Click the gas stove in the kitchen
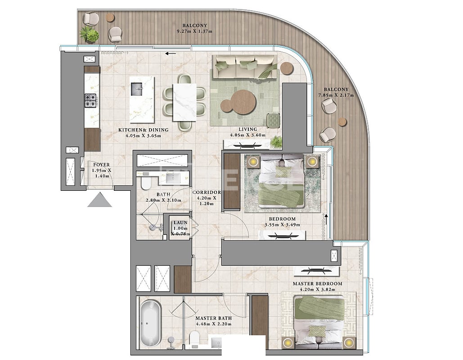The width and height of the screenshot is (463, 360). click(x=90, y=100)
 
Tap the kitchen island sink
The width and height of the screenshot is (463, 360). click(x=137, y=90)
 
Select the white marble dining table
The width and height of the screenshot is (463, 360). click(x=184, y=101)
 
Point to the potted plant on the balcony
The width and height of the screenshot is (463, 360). click(x=90, y=35)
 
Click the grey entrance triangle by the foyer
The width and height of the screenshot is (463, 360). click(x=99, y=199)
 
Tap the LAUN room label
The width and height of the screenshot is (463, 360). click(x=180, y=222)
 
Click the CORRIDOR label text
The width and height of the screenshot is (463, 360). click(x=207, y=192)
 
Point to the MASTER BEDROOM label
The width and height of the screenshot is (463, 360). click(x=317, y=284)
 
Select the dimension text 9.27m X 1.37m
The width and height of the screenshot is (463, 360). click(x=194, y=31)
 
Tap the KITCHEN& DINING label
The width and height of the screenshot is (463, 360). click(x=143, y=130)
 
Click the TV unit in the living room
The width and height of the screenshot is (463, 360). click(x=246, y=145)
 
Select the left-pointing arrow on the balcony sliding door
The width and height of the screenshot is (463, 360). click(x=171, y=54)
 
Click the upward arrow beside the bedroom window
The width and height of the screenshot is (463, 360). click(x=325, y=220)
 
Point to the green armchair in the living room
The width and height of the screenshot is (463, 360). click(x=273, y=120)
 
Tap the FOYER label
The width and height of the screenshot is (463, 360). click(x=102, y=165)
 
